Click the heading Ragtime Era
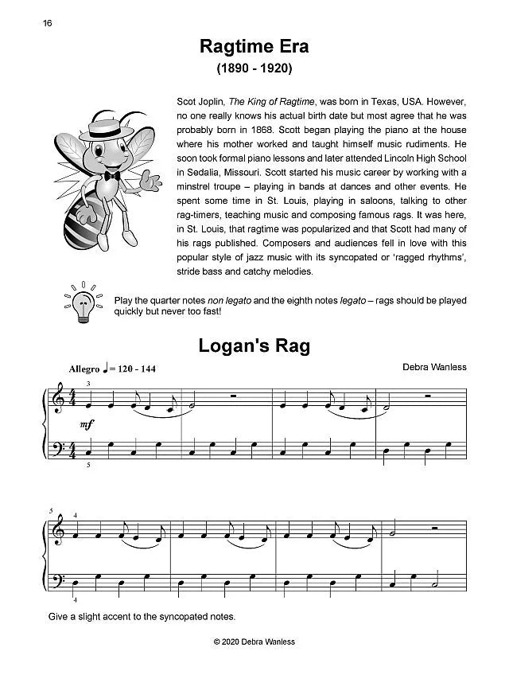(x=254, y=47)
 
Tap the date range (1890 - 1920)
(x=254, y=70)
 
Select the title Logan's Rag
(x=254, y=346)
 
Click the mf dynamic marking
(x=89, y=425)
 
